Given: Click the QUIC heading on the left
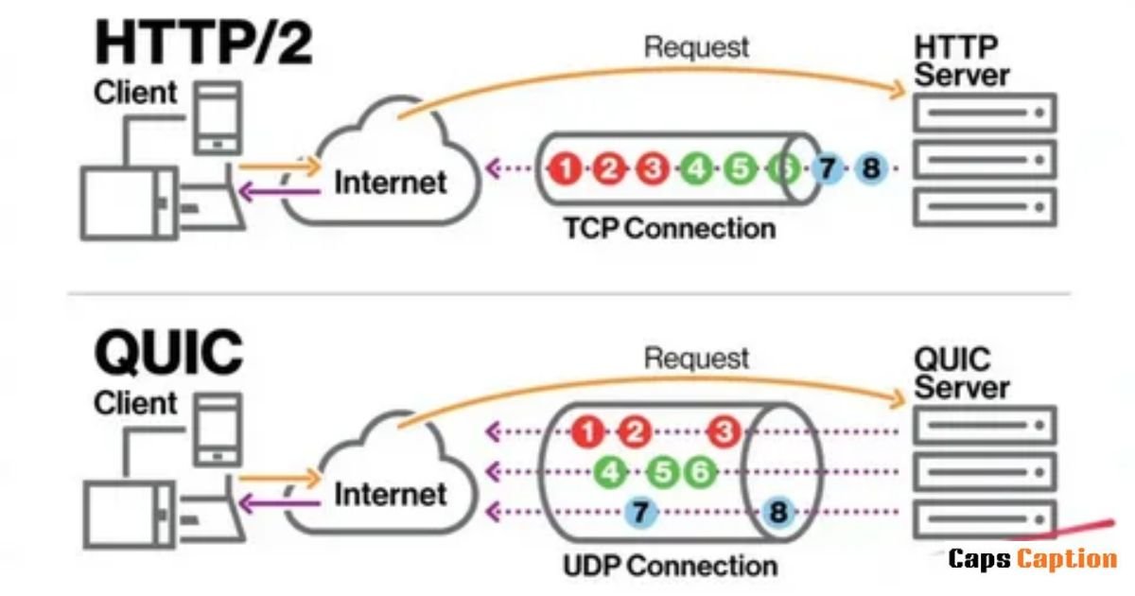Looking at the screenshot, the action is coord(168,352).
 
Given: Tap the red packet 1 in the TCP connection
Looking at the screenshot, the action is coord(566,168).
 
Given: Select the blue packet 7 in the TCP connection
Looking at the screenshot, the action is coord(828,168).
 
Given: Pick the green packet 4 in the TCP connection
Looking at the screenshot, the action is coord(697,168).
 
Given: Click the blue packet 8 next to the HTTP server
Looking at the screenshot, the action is coord(871,168).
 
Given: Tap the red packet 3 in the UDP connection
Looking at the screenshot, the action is coord(724,431).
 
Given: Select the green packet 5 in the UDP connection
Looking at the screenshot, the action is coord(663,472).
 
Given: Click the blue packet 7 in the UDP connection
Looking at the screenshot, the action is coord(640,512).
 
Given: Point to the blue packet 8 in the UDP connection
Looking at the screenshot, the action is coord(778,512).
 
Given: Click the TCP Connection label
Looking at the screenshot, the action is coord(670,229).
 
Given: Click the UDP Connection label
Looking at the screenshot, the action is coord(670,566).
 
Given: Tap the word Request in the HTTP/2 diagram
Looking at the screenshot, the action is coord(697,48).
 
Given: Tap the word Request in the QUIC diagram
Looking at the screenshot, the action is coord(697,359).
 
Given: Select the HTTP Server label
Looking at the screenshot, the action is coord(962,61).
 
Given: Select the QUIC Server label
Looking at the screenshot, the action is coord(962,373).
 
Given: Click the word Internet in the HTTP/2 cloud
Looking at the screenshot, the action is coord(391,183).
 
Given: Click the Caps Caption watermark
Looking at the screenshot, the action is coord(1033,559).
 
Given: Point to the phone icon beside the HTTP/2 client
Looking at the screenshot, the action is coord(218,118).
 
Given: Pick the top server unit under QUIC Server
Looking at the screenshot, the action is coord(985,425).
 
